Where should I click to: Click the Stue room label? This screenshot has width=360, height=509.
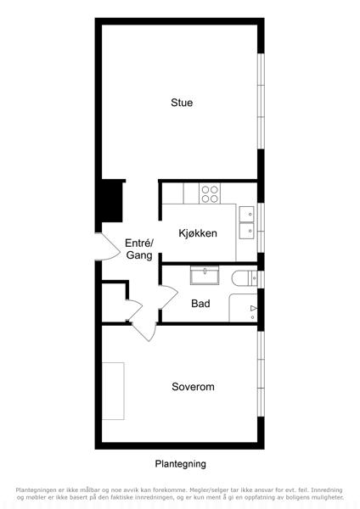[182, 103]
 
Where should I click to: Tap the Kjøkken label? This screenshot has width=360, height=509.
[198, 233]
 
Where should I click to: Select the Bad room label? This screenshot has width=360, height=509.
[200, 304]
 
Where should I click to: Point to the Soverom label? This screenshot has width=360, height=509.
[193, 387]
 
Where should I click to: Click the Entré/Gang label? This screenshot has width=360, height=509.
[139, 249]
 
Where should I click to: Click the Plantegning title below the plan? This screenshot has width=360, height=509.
[180, 464]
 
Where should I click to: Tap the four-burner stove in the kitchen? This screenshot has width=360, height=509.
[210, 193]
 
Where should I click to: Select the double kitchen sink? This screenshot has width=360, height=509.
[246, 222]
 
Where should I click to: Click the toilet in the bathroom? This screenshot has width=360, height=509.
[245, 278]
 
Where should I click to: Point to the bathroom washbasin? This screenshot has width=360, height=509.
[205, 275]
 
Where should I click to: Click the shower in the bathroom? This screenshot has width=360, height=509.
[244, 308]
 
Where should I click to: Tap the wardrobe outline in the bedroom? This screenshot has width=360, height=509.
[113, 391]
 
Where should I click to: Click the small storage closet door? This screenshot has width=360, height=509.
[135, 310]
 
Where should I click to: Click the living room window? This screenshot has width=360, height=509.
[261, 101]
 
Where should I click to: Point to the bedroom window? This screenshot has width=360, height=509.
[261, 373]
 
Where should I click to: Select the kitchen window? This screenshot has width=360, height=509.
[261, 227]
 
